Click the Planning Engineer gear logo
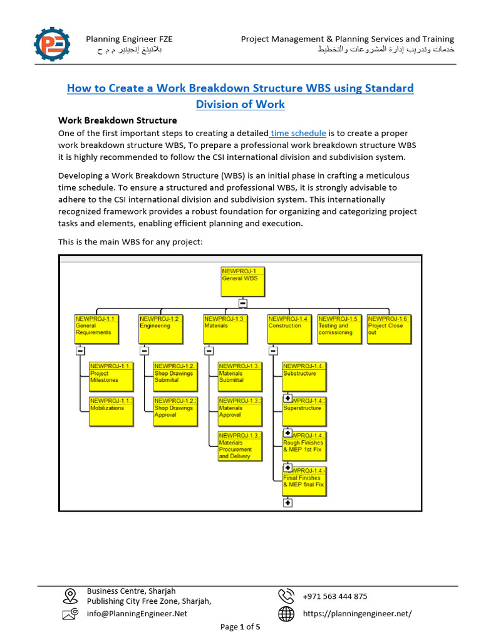click(53, 44)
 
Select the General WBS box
click(242, 282)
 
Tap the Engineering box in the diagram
click(160, 329)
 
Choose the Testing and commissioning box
click(338, 329)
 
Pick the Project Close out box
click(389, 329)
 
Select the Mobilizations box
click(111, 411)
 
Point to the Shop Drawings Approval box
click(176, 411)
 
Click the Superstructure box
click(304, 411)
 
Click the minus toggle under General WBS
click(242, 303)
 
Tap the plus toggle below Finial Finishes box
click(287, 502)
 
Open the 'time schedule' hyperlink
click(298, 133)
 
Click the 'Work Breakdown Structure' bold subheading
click(118, 120)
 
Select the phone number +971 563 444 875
click(335, 596)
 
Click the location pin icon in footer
click(70, 595)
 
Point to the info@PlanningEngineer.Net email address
click(137, 614)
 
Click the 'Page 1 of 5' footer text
click(240, 626)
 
